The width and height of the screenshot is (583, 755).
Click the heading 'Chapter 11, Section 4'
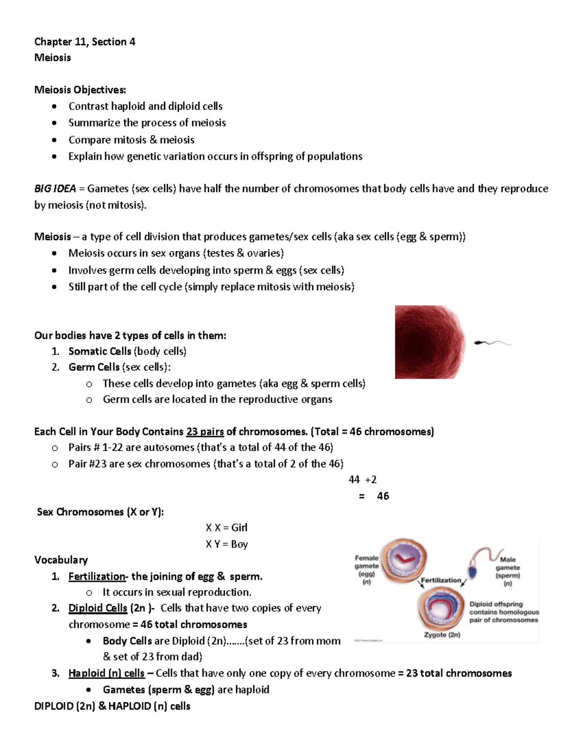pyautogui.click(x=85, y=42)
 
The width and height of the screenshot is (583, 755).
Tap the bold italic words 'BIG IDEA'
pyautogui.click(x=55, y=189)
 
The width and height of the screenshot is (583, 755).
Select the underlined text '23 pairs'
pyautogui.click(x=205, y=432)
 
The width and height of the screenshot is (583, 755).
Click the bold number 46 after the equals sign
pyautogui.click(x=383, y=496)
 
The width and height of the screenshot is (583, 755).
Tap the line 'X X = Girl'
pyautogui.click(x=226, y=527)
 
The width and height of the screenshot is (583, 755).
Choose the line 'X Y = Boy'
pyautogui.click(x=226, y=544)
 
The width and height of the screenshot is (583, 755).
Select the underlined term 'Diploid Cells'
pyautogui.click(x=98, y=608)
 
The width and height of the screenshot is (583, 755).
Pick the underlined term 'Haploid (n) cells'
pyautogui.click(x=106, y=673)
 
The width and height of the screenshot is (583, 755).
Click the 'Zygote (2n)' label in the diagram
pyautogui.click(x=442, y=634)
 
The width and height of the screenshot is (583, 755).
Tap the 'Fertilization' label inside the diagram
pyautogui.click(x=441, y=580)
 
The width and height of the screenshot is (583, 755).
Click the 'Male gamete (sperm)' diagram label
pyautogui.click(x=508, y=571)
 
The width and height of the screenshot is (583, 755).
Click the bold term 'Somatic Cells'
pyautogui.click(x=100, y=351)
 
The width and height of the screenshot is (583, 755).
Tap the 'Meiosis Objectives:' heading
pyautogui.click(x=80, y=90)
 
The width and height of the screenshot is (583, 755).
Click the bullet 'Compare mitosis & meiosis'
pyautogui.click(x=131, y=140)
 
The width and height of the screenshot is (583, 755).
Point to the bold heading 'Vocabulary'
pyautogui.click(x=61, y=560)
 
